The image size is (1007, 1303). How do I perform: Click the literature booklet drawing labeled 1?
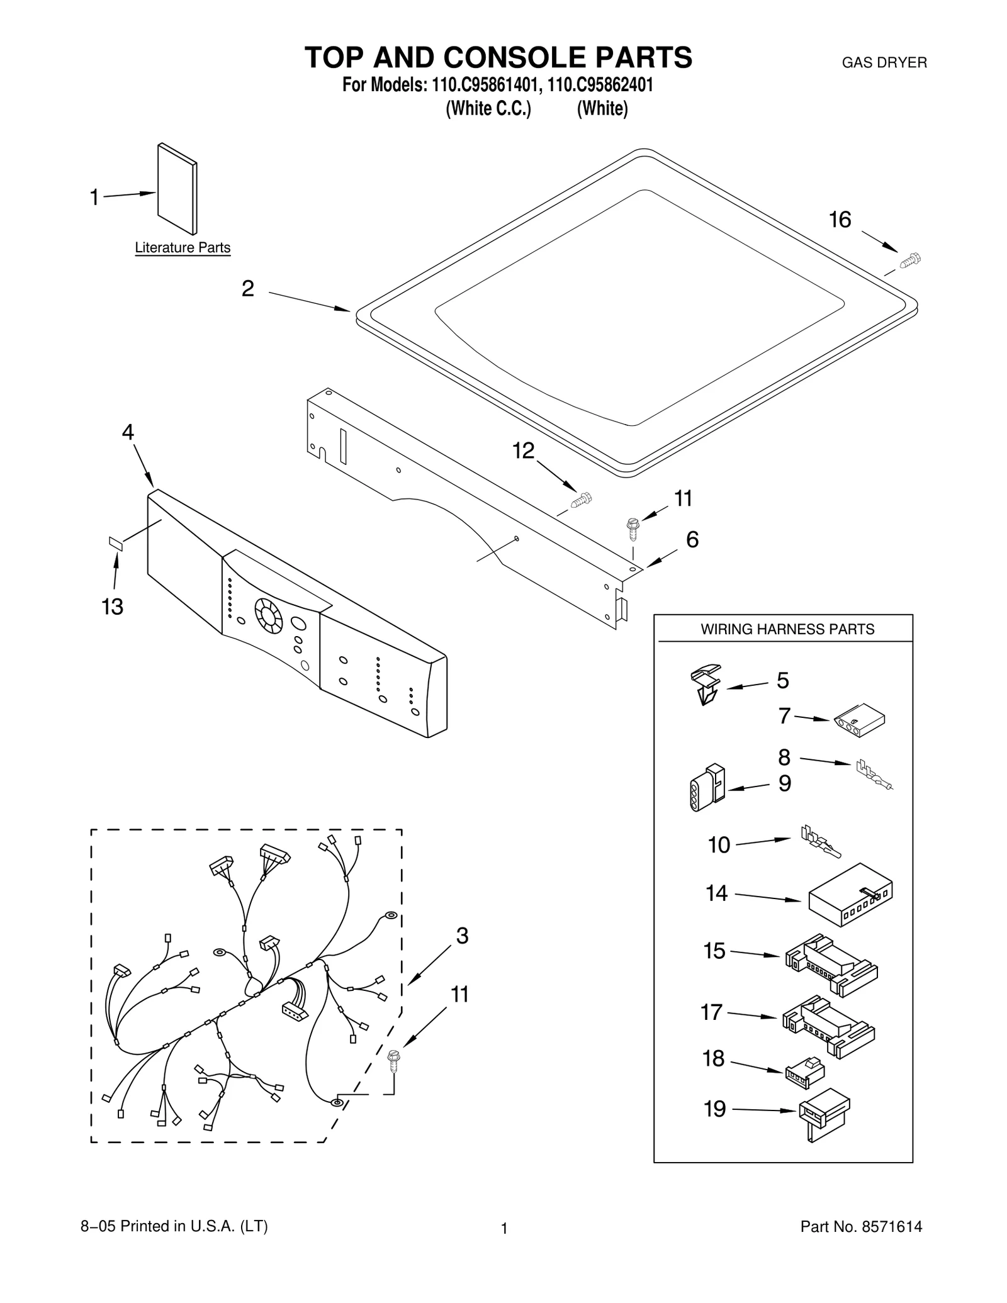click(177, 188)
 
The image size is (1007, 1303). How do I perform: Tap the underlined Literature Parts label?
click(183, 248)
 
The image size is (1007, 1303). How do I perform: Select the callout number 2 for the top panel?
click(248, 289)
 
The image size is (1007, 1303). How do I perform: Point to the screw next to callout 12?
click(581, 501)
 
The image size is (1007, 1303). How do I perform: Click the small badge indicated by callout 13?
click(116, 543)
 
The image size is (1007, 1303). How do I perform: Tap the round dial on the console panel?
click(269, 615)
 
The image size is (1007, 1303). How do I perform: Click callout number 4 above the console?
click(128, 432)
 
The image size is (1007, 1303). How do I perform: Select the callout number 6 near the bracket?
click(692, 540)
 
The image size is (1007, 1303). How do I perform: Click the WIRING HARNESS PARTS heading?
click(787, 629)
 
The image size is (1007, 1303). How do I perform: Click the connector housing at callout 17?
click(828, 1025)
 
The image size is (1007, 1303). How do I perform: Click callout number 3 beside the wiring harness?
click(462, 936)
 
